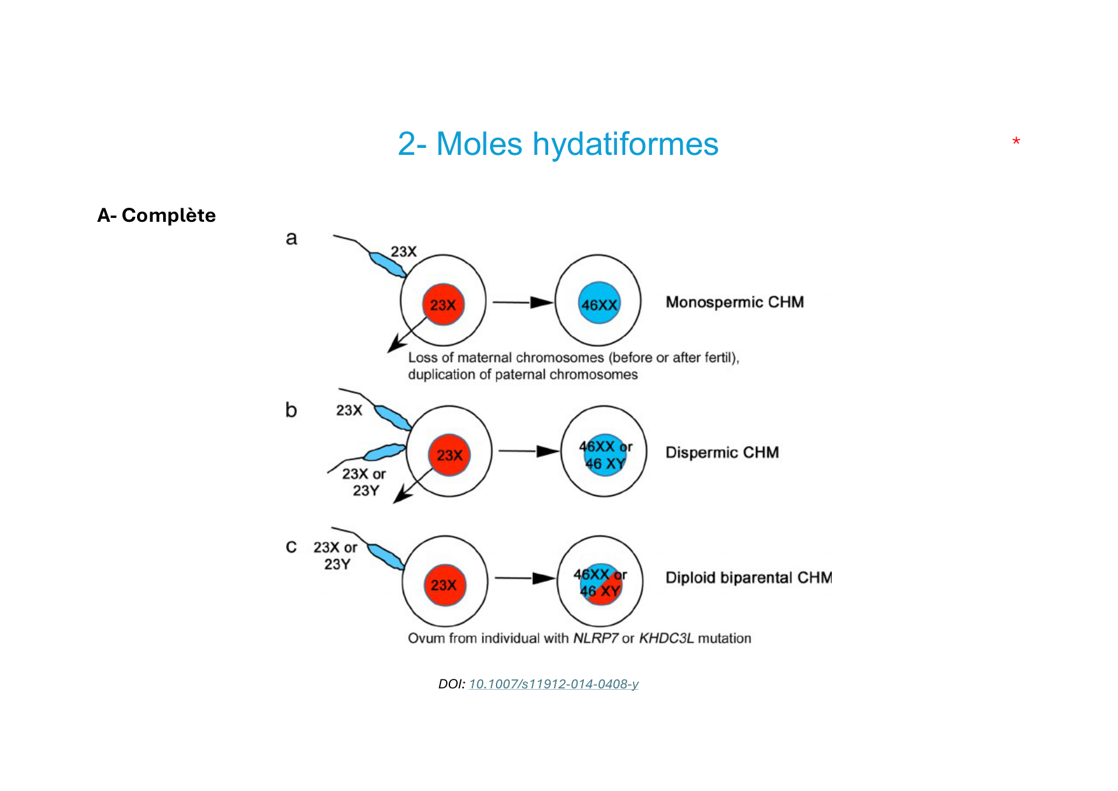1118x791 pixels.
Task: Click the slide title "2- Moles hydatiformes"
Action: (x=558, y=144)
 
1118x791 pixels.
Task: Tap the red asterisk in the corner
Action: (x=1016, y=142)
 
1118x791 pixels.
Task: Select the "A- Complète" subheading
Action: (x=156, y=215)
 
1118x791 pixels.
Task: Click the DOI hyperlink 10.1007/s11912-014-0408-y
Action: (x=553, y=684)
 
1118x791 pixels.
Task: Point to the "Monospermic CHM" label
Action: (x=734, y=302)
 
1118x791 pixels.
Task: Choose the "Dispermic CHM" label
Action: (x=722, y=453)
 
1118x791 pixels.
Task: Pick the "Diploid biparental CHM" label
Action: (x=748, y=577)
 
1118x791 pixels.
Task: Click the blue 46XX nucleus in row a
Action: (x=599, y=303)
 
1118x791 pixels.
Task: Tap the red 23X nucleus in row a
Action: (x=443, y=305)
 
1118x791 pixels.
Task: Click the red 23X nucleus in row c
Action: (x=444, y=585)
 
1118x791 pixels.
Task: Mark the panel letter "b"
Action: (x=291, y=410)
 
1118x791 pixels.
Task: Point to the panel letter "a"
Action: (x=291, y=238)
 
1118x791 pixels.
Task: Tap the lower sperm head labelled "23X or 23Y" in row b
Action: (x=384, y=452)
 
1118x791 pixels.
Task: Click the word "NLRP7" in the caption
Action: (x=595, y=638)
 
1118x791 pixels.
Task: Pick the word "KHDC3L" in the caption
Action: (x=665, y=638)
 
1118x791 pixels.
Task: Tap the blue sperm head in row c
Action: (x=386, y=556)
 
